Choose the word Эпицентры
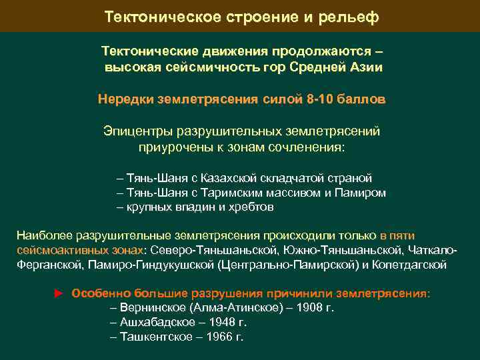coord(136,131)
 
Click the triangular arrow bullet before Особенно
coord(58,293)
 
